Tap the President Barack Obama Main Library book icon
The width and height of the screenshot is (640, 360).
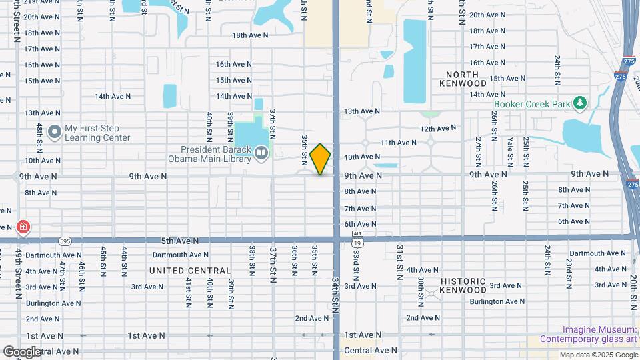tap(261, 155)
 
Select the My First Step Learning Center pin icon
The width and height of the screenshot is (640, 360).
tap(54, 132)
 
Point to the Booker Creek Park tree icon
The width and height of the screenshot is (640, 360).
tap(581, 103)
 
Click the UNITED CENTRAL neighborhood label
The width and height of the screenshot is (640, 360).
tap(190, 271)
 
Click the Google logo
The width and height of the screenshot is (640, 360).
tap(22, 351)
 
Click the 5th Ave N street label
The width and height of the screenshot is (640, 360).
tap(180, 240)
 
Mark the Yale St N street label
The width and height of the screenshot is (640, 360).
tap(510, 151)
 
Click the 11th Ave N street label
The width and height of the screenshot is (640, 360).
tap(398, 143)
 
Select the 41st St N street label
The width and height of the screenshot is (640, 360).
tap(189, 291)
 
